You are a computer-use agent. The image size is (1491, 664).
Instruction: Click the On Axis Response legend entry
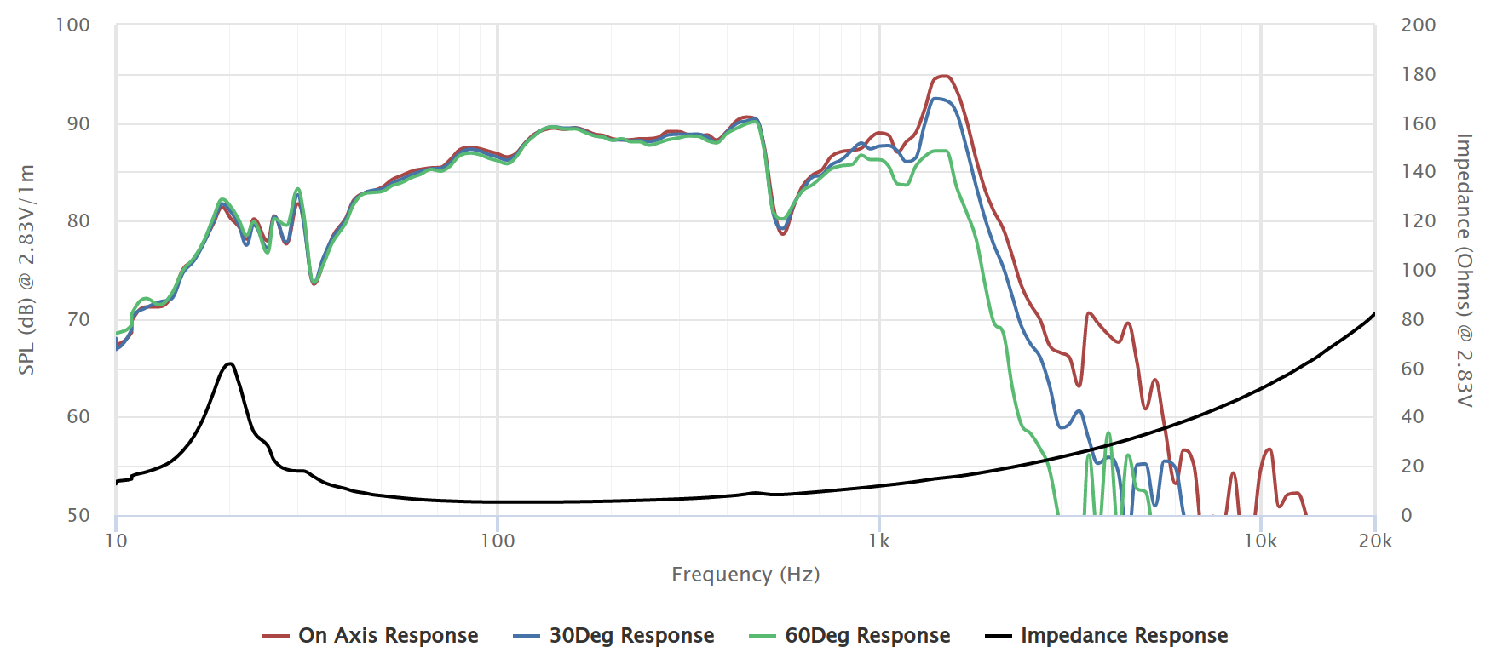click(x=388, y=636)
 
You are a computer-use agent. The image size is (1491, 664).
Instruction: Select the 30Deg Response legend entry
click(x=631, y=636)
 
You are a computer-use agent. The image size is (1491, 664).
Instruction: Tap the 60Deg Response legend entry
click(x=867, y=636)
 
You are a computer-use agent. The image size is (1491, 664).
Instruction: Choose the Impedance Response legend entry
click(x=1124, y=636)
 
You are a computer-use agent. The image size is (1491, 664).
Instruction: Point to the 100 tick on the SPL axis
click(x=72, y=26)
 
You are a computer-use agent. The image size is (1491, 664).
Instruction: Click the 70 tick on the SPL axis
click(x=78, y=319)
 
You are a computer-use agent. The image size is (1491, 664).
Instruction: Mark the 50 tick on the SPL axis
click(x=78, y=515)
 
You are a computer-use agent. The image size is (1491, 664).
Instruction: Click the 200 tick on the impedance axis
click(x=1419, y=26)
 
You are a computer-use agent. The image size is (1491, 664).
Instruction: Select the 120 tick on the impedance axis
click(x=1419, y=221)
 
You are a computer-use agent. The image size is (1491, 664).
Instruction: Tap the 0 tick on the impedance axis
click(x=1407, y=515)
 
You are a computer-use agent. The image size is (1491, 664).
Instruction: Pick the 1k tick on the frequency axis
click(x=879, y=541)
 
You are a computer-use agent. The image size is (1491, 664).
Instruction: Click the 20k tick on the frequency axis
click(x=1375, y=541)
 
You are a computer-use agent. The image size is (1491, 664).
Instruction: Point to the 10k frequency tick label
click(x=1260, y=541)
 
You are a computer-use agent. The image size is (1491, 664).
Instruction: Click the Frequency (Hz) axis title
click(x=745, y=575)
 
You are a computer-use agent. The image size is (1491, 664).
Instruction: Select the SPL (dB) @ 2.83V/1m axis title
click(x=27, y=270)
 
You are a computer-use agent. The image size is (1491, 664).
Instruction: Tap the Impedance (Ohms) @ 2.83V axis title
click(x=1464, y=270)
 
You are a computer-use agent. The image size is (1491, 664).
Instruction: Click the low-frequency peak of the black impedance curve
click(x=229, y=363)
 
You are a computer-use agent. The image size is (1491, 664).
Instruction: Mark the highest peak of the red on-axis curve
click(x=943, y=77)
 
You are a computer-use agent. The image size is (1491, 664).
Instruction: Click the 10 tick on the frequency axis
click(x=116, y=541)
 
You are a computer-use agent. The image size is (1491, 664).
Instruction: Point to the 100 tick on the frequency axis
click(x=498, y=541)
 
